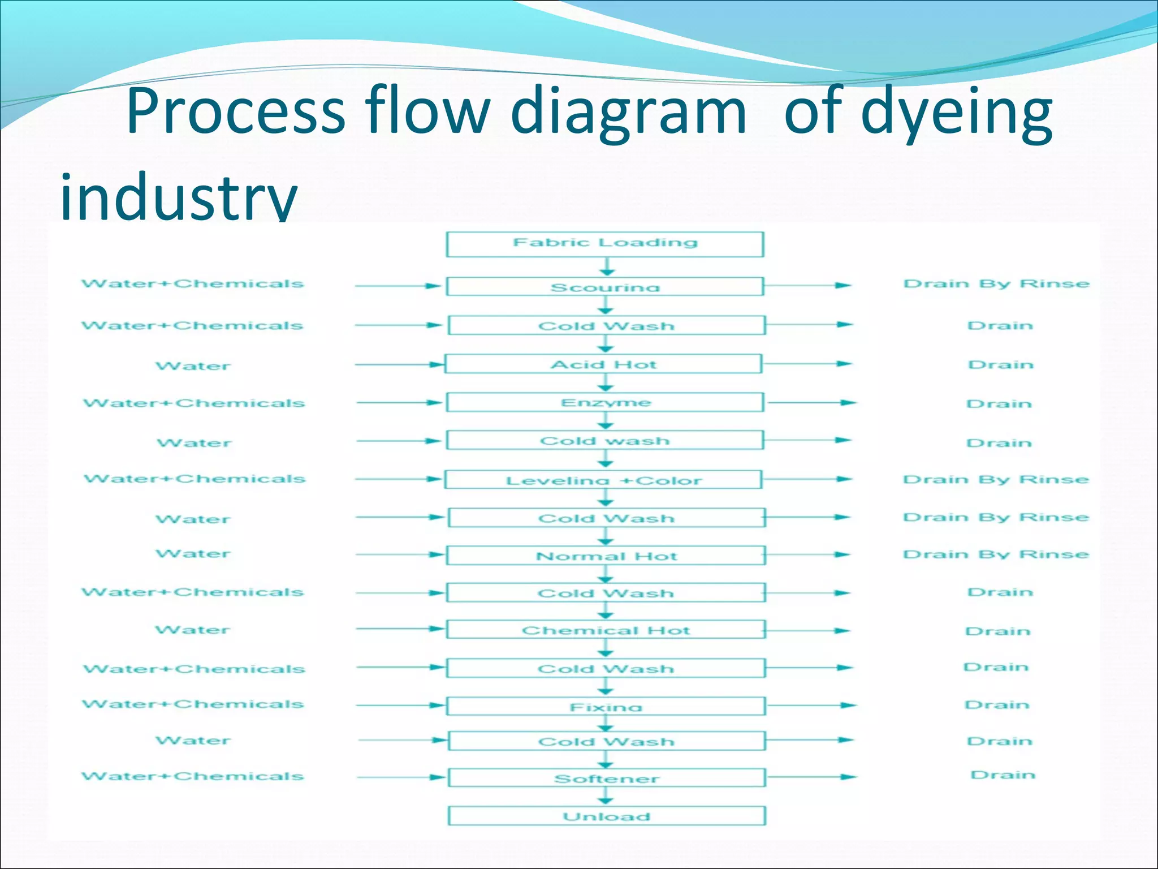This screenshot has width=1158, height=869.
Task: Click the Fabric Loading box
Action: (x=605, y=244)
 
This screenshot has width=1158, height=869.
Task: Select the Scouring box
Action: (x=605, y=286)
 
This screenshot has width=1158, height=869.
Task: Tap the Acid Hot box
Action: (x=604, y=364)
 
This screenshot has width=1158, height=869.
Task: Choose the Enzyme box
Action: (x=605, y=402)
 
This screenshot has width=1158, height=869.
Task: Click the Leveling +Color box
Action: (x=604, y=480)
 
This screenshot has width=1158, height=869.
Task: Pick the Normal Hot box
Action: (x=606, y=556)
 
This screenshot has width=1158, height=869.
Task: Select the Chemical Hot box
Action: (x=606, y=630)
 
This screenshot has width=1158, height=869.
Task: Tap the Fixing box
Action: (x=606, y=706)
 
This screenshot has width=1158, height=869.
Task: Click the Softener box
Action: (x=606, y=778)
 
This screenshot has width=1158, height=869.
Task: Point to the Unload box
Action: (x=606, y=816)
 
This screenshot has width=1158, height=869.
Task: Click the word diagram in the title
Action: (x=628, y=111)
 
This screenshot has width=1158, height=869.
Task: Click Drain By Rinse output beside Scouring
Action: (x=996, y=283)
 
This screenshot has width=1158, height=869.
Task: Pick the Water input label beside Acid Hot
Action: (x=193, y=366)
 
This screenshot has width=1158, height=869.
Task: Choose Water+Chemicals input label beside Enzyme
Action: (x=194, y=403)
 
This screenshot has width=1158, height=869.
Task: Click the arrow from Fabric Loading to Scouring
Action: (x=607, y=266)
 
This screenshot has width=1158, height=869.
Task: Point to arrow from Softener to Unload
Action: (x=606, y=795)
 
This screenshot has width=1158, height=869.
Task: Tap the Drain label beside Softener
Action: (x=1003, y=775)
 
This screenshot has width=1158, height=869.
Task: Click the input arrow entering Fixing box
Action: (x=399, y=705)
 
